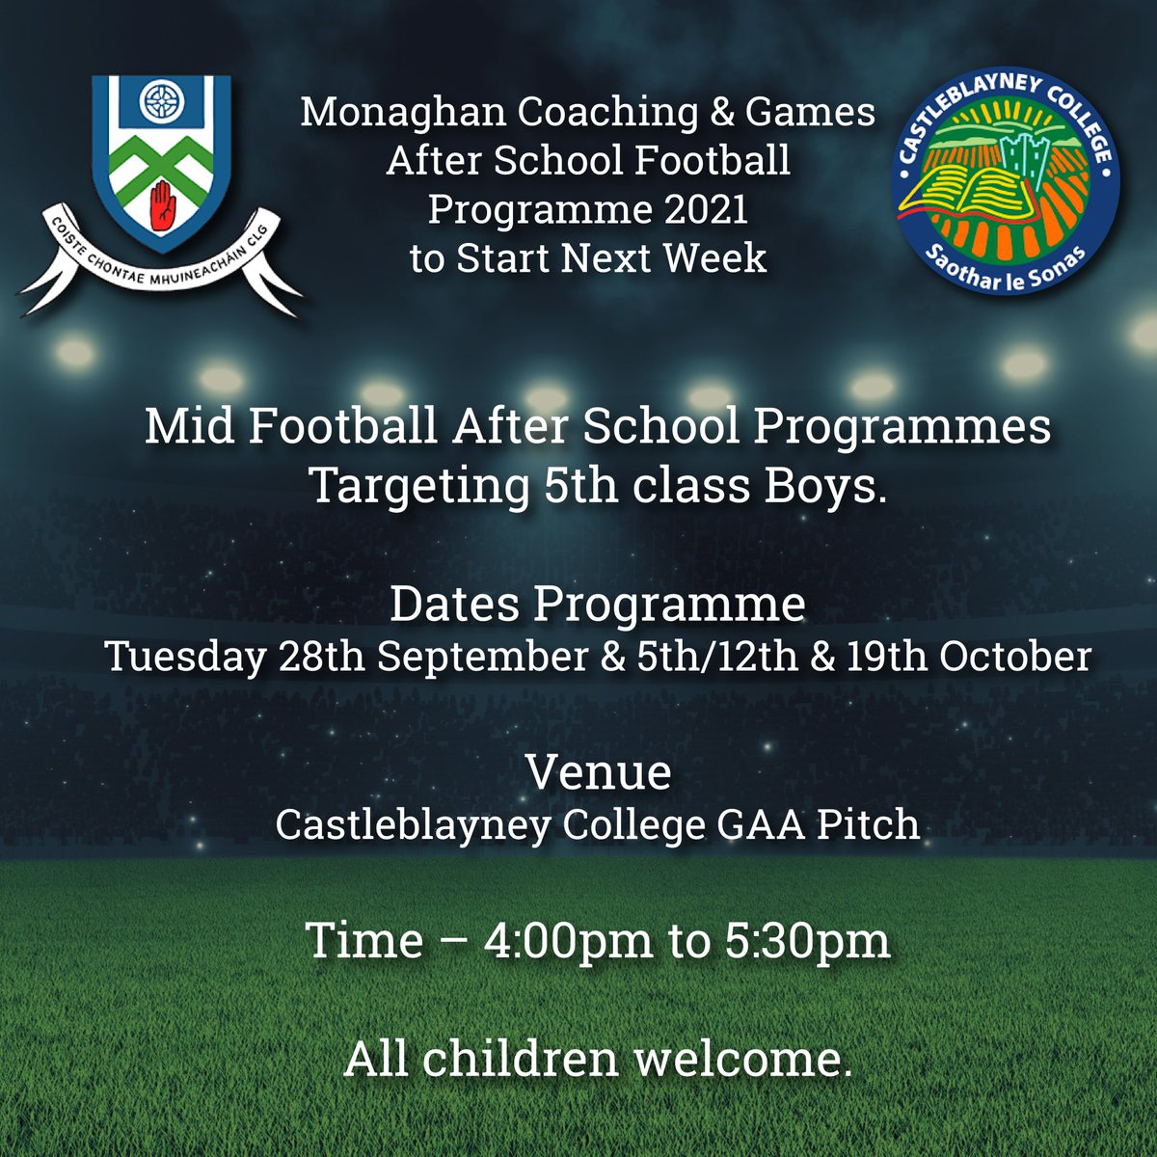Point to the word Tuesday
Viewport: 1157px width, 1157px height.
pos(183,657)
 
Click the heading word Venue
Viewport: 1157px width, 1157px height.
pos(598,772)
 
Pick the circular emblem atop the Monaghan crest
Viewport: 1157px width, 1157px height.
pos(161,99)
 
